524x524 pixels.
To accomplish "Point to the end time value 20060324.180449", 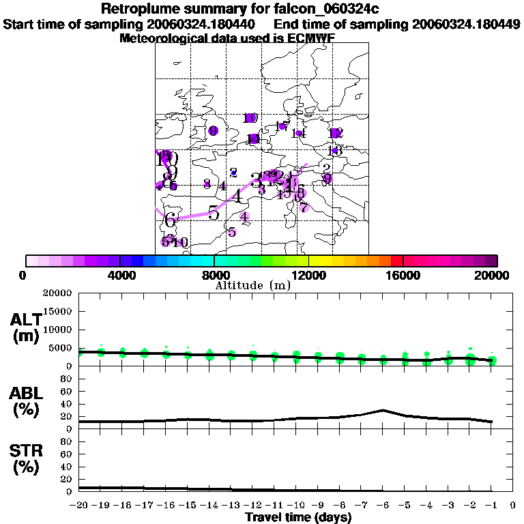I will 467,24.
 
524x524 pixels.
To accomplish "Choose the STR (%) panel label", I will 25,458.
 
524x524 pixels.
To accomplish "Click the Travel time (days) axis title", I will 298,517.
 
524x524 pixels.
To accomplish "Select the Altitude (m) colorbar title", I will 253,285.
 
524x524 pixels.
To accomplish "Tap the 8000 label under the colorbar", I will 214,275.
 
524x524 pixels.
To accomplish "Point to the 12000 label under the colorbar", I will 309,275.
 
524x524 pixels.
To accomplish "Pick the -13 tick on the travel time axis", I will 231,506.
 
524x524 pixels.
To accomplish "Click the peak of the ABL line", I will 383,410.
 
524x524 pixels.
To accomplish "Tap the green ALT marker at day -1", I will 492,360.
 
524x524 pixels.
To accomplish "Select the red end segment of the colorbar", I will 396,261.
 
